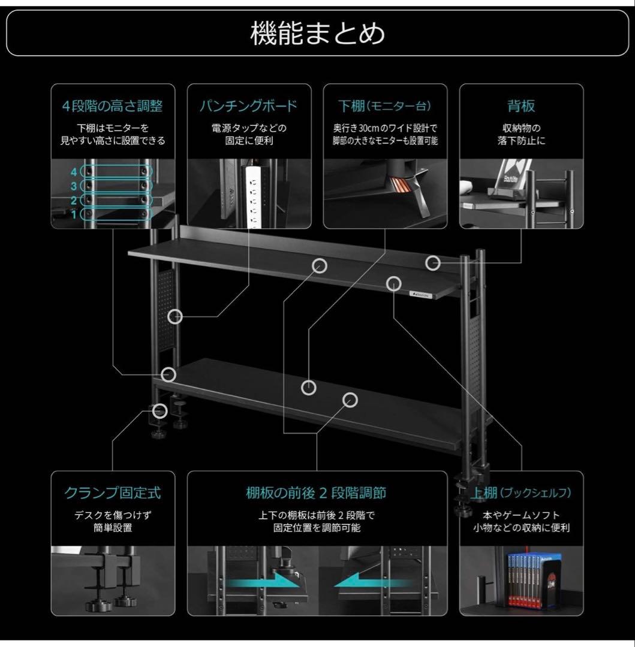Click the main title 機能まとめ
(317, 34)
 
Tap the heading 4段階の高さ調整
(113, 107)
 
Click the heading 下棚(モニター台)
(384, 107)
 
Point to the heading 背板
(520, 107)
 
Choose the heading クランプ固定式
(113, 493)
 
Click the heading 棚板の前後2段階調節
(316, 493)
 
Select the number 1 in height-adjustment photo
(74, 214)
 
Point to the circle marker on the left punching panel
(174, 316)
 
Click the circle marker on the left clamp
(159, 410)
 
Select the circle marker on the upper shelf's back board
(433, 262)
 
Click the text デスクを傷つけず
(113, 515)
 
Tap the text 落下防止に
(520, 142)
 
